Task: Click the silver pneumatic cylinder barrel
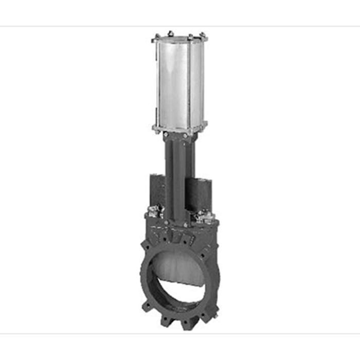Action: [x=180, y=82]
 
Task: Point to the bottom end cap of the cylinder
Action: [x=179, y=128]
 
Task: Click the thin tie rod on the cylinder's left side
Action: [x=156, y=82]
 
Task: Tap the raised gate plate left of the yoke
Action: [x=157, y=190]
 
